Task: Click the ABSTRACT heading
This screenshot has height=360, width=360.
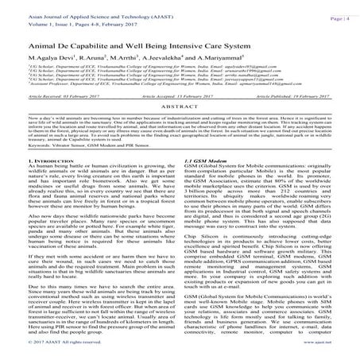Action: click(x=180, y=127)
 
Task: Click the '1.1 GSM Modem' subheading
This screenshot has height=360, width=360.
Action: click(x=203, y=182)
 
